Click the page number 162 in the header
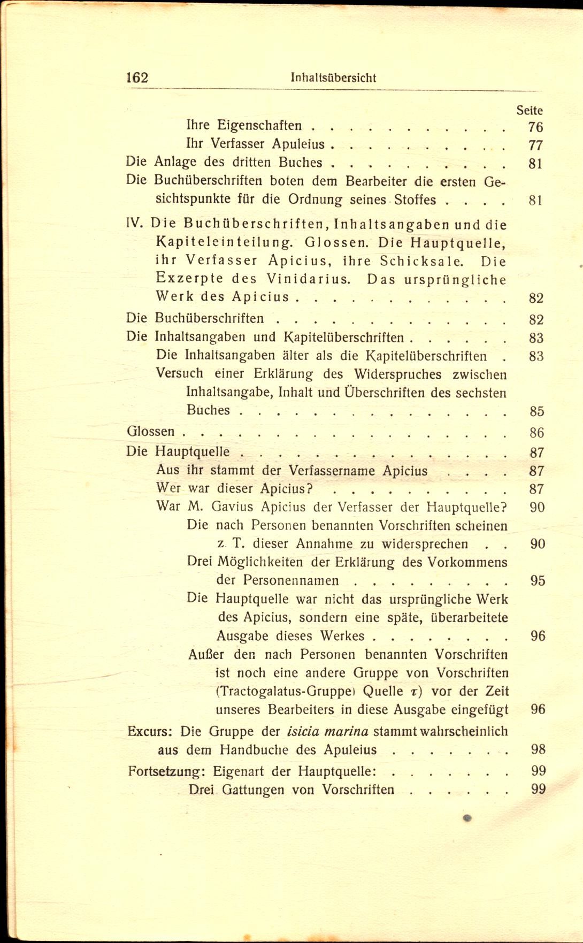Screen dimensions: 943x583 [x=137, y=78]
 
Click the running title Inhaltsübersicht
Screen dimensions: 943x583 [x=333, y=78]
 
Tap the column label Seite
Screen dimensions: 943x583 [x=529, y=111]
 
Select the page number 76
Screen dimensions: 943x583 [x=535, y=127]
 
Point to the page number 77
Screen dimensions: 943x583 [x=535, y=145]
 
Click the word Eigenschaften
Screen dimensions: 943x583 [x=259, y=126]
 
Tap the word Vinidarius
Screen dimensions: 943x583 [x=309, y=279]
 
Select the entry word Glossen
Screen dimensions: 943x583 [x=150, y=431]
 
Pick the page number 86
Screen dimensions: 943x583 [x=536, y=432]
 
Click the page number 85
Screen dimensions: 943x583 [x=536, y=411]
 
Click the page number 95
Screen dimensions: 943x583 [x=538, y=581]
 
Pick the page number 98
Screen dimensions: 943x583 [x=538, y=750]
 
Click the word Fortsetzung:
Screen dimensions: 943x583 [x=167, y=771]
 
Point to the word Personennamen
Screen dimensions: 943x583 [x=290, y=581]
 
